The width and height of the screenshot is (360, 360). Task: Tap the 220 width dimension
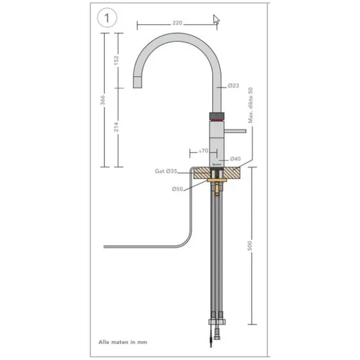(x=178, y=23)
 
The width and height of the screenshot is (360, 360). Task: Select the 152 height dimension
(x=116, y=60)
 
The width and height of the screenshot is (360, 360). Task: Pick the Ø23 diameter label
(x=234, y=86)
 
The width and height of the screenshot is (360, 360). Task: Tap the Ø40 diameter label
(x=234, y=159)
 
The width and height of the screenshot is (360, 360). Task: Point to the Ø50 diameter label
(x=178, y=189)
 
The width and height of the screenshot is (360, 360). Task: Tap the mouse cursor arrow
(x=216, y=19)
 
